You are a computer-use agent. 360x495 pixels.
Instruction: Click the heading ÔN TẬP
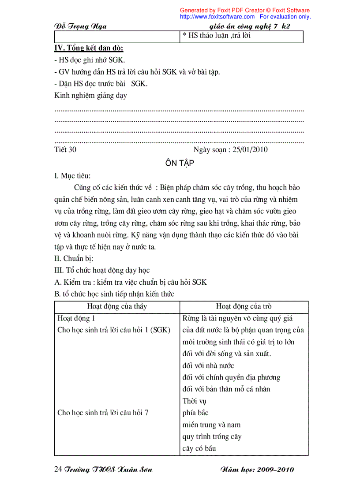tap(180, 163)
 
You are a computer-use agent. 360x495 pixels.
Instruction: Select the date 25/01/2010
tap(250, 149)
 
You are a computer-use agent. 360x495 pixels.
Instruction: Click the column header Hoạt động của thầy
tap(117, 306)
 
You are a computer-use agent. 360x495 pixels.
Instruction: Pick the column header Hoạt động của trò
tap(244, 306)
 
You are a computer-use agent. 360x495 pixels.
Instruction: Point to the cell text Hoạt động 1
tap(76, 318)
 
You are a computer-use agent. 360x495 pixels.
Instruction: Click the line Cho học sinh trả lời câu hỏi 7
tap(103, 413)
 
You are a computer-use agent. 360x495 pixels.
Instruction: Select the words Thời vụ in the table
tap(195, 401)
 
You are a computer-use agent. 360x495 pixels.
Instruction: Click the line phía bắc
tap(195, 413)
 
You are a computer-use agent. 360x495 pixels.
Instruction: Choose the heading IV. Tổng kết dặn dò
tap(88, 48)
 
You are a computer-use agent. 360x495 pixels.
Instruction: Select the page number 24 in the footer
tap(57, 469)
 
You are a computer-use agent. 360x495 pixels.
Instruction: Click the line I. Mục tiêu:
tap(72, 176)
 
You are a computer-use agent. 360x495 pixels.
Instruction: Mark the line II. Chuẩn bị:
tap(74, 258)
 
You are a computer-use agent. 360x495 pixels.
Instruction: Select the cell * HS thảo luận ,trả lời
tap(217, 36)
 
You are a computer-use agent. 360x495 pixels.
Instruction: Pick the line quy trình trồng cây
tap(212, 437)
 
